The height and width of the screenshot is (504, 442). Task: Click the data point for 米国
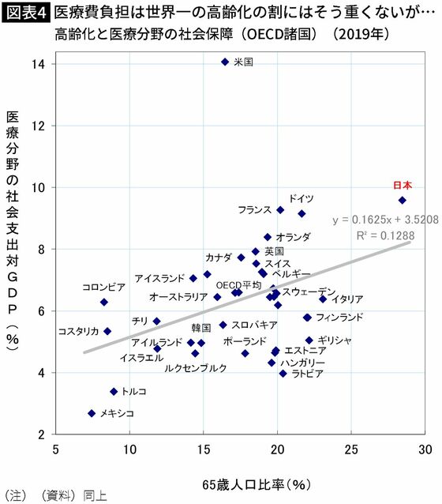coord(224,62)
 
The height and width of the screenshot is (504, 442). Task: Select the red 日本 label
coord(402,186)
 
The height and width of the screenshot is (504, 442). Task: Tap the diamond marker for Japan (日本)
coord(402,201)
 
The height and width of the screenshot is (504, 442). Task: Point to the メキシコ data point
coord(92,413)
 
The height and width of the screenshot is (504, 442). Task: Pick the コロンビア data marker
coord(103,302)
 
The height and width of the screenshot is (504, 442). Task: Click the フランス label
coord(254,210)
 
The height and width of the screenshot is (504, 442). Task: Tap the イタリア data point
coord(323,299)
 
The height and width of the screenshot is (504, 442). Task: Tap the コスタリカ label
coord(78,332)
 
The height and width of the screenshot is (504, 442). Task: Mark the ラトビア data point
coord(283,374)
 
